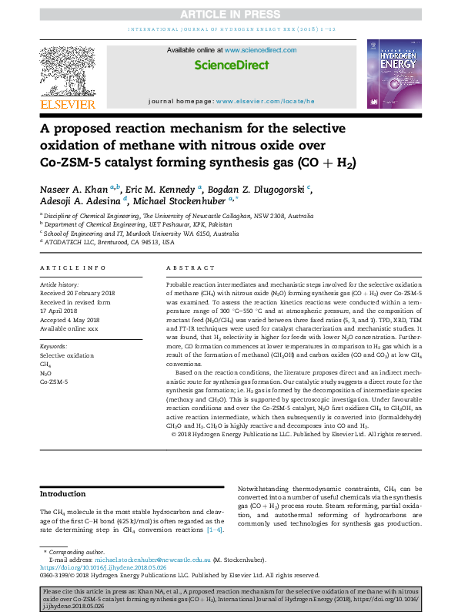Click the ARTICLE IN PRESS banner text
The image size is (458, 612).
pos(229,14)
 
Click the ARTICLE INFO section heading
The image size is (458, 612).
pos(72,268)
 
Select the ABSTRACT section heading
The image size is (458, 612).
pos(183,268)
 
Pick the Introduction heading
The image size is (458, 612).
pos(62,494)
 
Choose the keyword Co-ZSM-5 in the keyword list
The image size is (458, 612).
pos(54,382)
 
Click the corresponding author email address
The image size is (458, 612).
pos(136,560)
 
